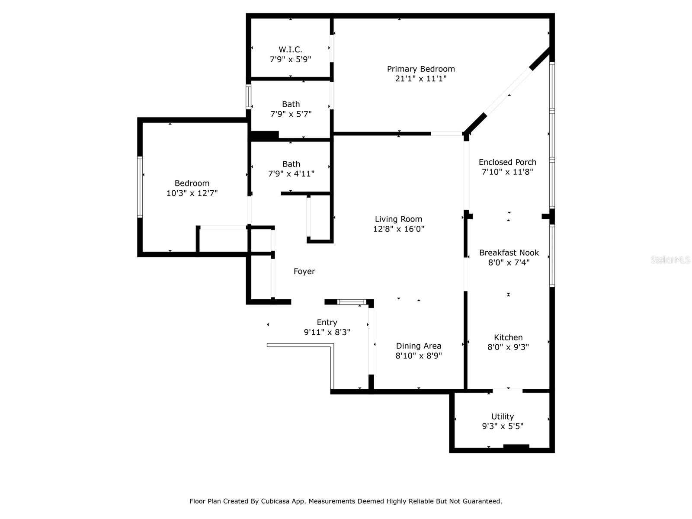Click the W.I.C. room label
290,50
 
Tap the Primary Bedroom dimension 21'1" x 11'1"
420,79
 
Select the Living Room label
398,219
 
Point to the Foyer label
304,272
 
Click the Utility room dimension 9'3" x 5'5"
503,426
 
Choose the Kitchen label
508,337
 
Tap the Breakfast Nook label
509,253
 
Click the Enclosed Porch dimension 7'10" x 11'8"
507,172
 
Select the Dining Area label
418,346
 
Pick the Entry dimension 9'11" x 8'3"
327,333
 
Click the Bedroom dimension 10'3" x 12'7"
192,193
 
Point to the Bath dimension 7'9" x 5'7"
291,114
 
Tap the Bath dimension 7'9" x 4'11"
291,174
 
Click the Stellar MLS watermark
670,260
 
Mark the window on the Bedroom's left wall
140,187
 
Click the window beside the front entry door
351,302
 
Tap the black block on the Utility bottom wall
516,447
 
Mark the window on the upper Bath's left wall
248,96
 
